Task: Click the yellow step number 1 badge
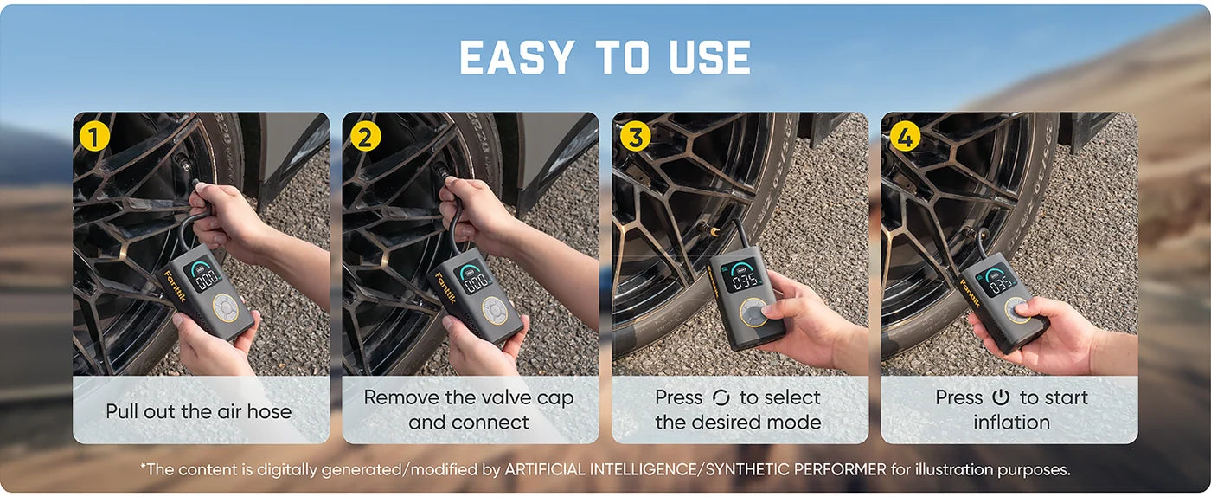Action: pos(94,137)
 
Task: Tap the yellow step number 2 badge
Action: pos(365,137)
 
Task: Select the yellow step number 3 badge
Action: pos(635,137)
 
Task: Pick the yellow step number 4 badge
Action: pos(905,137)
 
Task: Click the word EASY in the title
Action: pos(516,57)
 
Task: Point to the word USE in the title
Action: pos(710,57)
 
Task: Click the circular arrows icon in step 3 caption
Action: pos(721,398)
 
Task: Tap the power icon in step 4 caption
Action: pos(1001,398)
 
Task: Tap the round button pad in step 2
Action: pos(494,310)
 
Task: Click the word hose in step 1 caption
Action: pos(269,411)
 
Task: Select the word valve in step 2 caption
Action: pos(505,398)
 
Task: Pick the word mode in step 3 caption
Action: pos(795,423)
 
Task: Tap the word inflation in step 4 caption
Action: pos(1011,423)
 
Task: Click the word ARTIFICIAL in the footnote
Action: pos(544,469)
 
